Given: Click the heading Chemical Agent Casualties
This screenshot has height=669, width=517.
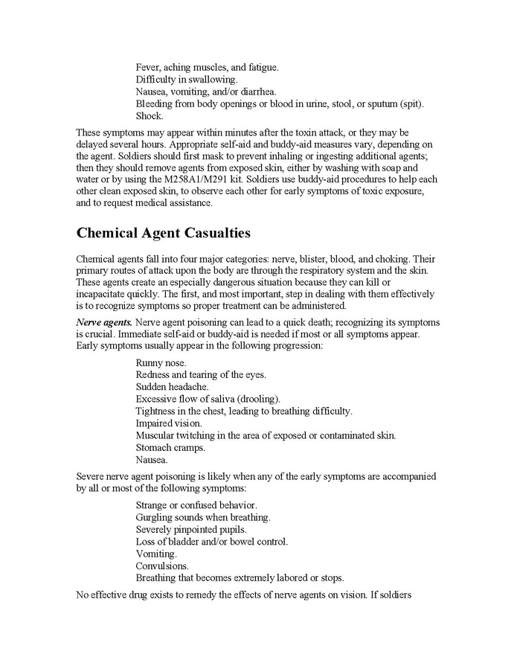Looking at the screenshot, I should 164,232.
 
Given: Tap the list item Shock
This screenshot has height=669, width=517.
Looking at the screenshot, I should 150,116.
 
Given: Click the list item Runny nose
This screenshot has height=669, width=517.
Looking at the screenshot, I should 161,362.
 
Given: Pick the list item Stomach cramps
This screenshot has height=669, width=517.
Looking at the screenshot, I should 170,447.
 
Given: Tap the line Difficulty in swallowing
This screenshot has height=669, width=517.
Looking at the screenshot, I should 187,79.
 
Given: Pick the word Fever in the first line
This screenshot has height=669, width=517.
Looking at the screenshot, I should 148,67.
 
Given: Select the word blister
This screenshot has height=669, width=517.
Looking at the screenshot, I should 314,257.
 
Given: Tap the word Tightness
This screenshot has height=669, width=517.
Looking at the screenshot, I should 157,411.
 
